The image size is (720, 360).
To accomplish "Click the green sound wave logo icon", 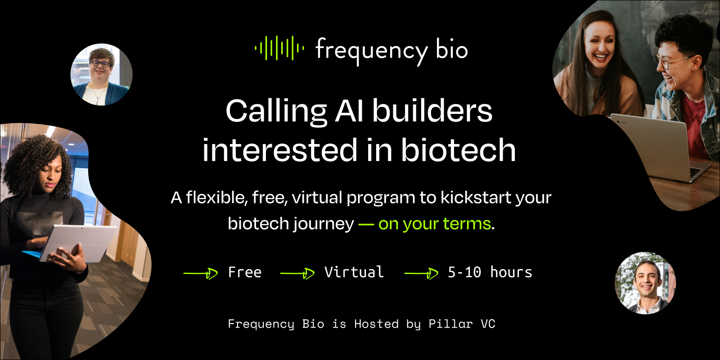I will (x=279, y=48).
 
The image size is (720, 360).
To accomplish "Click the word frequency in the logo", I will (x=371, y=50).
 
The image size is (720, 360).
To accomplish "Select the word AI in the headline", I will (x=349, y=111).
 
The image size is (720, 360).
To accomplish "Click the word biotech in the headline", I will (x=458, y=150).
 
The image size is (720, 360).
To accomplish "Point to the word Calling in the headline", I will (x=276, y=112).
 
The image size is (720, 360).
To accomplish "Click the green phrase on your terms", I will (x=434, y=224).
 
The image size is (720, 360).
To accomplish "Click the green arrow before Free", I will (x=201, y=273).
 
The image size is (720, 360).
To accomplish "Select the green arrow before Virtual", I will (x=297, y=273).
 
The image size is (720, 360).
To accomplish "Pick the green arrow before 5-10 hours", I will (x=421, y=273).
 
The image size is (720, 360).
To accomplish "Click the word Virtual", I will (x=354, y=272).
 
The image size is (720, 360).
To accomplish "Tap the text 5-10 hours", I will (x=490, y=272).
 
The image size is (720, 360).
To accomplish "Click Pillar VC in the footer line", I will (x=461, y=324).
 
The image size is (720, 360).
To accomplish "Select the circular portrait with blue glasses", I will (x=101, y=74).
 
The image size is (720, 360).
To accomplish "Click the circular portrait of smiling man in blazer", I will (x=645, y=283).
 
